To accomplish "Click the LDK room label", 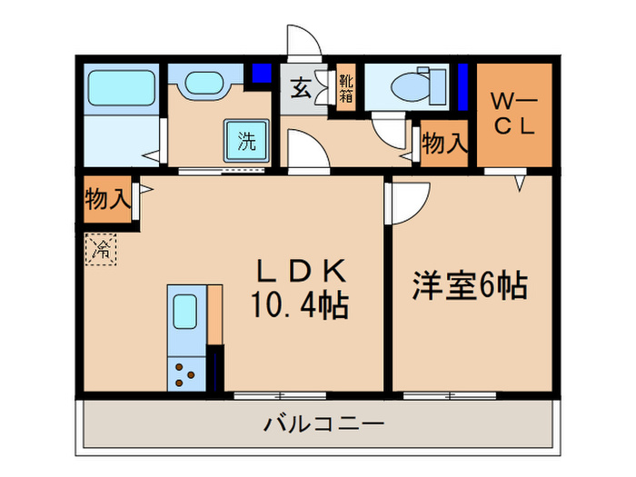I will click(x=299, y=272).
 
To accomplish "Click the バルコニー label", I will click(x=324, y=423).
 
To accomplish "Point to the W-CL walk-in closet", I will click(x=515, y=113).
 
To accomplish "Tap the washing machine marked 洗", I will click(x=246, y=142).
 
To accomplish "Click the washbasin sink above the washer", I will click(x=204, y=86).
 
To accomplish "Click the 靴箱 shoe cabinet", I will click(x=346, y=89).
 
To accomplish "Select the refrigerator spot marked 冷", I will click(x=102, y=248).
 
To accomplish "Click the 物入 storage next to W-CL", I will click(x=445, y=144).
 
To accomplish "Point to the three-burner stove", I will click(x=186, y=373).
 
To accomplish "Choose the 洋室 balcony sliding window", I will click(x=450, y=395).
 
